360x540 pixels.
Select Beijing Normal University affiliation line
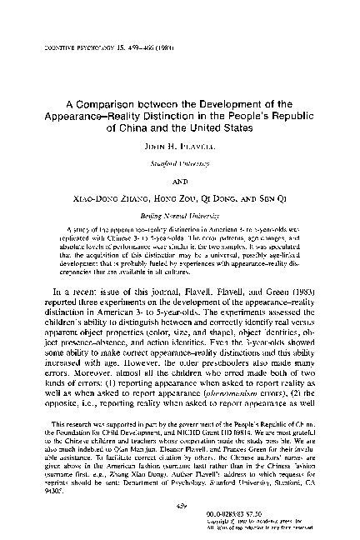[180, 215]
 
